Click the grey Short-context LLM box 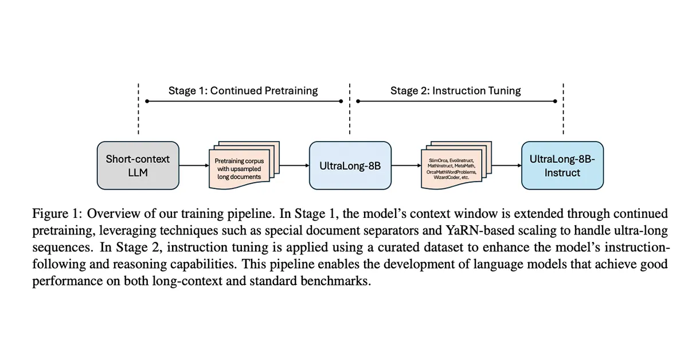pos(138,166)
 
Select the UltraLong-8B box pos(350,166)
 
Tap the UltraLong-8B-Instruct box pos(562,166)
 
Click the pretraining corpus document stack pos(244,165)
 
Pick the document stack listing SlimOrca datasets pos(456,165)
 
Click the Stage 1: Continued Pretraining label pos(243,91)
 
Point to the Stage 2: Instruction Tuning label pos(455,91)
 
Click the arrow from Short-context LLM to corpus pos(194,166)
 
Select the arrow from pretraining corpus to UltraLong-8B pos(295,166)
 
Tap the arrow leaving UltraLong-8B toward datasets pos(406,166)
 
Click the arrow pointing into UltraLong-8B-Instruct pos(507,166)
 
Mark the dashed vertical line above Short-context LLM pos(138,109)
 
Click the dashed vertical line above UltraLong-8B pos(350,109)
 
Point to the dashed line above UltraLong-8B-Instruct pos(563,109)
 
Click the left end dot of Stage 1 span pos(147,101)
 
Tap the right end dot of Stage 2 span pos(555,101)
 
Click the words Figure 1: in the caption pos(57,213)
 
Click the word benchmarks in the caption pos(336,281)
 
